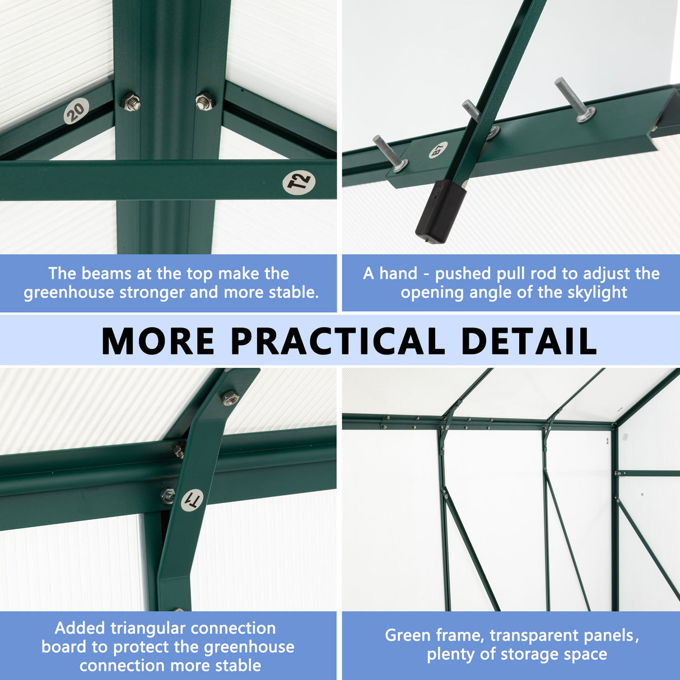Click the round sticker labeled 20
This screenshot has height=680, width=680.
coord(76,110)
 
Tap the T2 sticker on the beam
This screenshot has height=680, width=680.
coord(299,183)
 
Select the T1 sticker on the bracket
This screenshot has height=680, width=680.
coord(192,500)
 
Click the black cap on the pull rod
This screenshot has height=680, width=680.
coord(440,212)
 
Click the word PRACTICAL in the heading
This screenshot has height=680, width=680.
coord(338,341)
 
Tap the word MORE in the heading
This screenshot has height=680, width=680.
coord(158,341)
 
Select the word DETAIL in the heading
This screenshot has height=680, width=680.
coord(528,341)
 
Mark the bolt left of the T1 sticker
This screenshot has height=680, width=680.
coord(167,496)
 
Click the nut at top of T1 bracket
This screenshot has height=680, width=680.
coord(230,398)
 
